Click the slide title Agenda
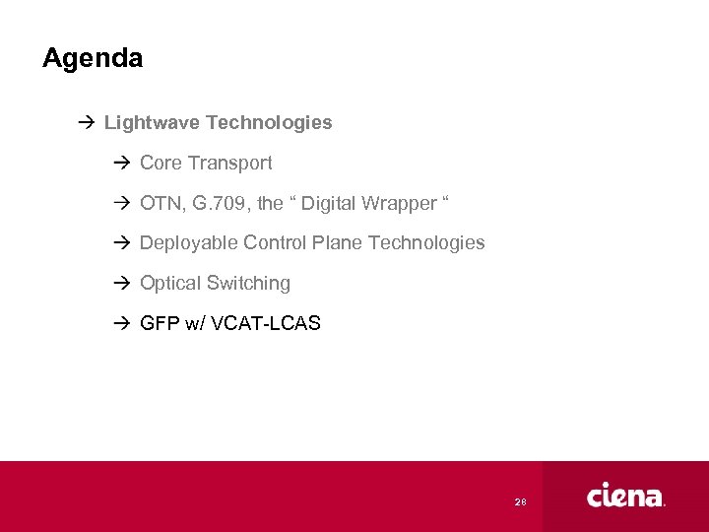tap(93, 59)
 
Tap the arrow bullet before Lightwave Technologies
tap(86, 123)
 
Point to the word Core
tap(161, 163)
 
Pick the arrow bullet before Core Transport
tap(121, 163)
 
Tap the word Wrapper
tap(399, 203)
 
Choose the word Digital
tap(329, 203)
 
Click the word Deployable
tap(189, 242)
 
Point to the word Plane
tap(335, 242)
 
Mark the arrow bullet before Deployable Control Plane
tap(121, 242)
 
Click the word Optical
tap(169, 283)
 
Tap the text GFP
tap(160, 323)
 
